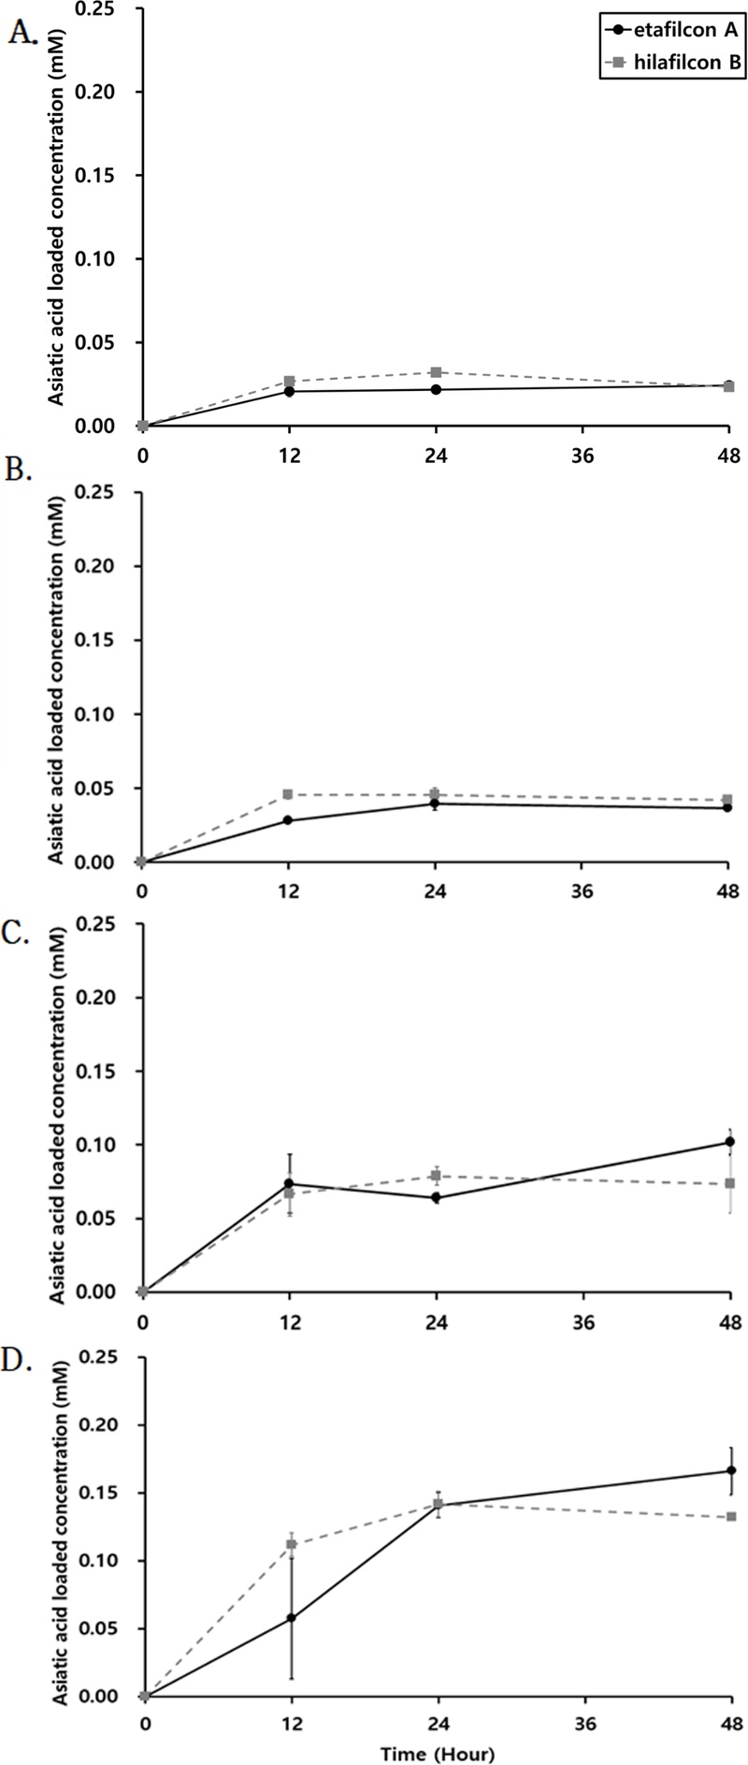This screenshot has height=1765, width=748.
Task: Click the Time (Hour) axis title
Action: (x=438, y=1750)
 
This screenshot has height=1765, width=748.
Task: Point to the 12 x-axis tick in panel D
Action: (x=292, y=1723)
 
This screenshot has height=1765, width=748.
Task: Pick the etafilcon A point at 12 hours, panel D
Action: (x=291, y=1617)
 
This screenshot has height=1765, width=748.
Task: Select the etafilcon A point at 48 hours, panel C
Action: (x=730, y=1142)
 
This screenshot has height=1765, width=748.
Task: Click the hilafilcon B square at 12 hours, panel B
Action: (x=288, y=794)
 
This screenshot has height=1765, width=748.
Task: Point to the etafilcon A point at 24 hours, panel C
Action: (x=436, y=1198)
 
